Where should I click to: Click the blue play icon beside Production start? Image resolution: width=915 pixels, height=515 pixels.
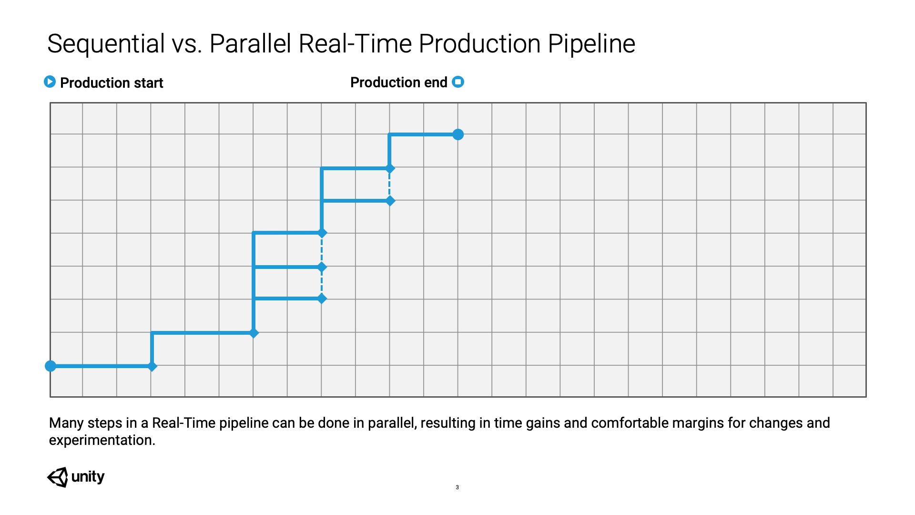[50, 82]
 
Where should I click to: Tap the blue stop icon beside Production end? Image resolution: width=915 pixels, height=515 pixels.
[458, 82]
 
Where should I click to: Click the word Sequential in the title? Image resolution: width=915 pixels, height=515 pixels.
[106, 44]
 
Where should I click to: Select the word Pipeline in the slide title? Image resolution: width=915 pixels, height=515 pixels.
[591, 44]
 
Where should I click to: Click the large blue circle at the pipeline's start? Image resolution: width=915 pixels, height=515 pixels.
[51, 366]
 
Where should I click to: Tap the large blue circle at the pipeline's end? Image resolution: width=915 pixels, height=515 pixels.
[458, 134]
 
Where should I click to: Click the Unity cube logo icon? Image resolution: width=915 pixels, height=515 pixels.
[58, 477]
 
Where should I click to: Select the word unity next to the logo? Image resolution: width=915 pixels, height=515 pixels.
[88, 476]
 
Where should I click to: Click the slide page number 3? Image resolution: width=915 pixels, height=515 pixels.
[457, 487]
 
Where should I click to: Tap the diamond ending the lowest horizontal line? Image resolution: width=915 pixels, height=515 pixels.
[152, 366]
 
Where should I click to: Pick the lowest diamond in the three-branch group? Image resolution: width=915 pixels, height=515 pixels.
[322, 299]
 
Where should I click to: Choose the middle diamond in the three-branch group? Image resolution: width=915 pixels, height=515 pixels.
[322, 267]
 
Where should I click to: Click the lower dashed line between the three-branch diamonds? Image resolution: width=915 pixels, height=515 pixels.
[322, 283]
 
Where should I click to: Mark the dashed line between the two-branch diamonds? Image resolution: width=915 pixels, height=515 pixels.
[389, 185]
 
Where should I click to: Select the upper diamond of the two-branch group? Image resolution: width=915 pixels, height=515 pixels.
[390, 168]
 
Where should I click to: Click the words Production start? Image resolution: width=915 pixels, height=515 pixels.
[112, 83]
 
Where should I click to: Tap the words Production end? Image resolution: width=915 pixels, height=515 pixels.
[399, 82]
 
